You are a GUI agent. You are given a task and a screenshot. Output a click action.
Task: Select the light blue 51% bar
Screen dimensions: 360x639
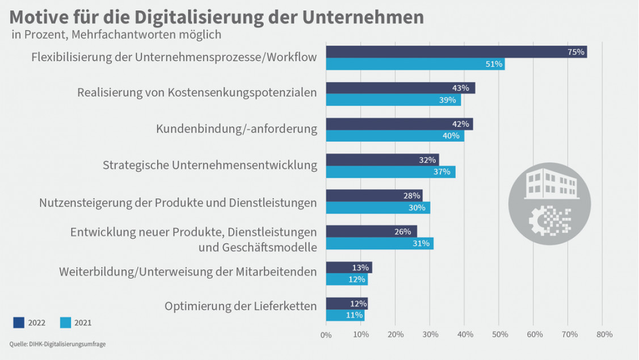pos(414,64)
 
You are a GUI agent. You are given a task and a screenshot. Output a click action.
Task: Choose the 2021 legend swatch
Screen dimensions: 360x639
pos(65,323)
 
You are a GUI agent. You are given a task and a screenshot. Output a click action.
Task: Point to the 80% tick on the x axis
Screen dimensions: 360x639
pos(604,334)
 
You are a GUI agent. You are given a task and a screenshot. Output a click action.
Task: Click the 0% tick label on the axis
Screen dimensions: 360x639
pos(326,335)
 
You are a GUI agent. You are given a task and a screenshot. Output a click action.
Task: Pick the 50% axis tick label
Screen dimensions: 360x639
pos(499,334)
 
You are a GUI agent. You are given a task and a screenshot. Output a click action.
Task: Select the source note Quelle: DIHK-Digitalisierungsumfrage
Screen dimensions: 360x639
pos(58,344)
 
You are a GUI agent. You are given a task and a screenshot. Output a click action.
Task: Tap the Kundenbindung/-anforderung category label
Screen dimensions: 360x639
pos(236,129)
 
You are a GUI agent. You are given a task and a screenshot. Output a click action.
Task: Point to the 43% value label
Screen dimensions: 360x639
pos(461,88)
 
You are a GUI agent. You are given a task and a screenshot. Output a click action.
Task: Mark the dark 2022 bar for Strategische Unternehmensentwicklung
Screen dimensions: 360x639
pos(382,160)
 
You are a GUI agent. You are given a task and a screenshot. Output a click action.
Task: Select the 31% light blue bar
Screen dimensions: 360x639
pos(379,244)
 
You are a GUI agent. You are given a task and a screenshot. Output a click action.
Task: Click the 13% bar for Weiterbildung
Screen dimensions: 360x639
pos(348,267)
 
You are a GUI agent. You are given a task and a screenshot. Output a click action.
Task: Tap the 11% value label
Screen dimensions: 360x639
pos(354,315)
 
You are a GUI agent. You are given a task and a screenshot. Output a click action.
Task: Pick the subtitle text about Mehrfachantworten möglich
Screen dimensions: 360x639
pos(116,34)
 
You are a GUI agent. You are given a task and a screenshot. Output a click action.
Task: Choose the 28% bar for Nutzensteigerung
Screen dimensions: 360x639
pos(373,195)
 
